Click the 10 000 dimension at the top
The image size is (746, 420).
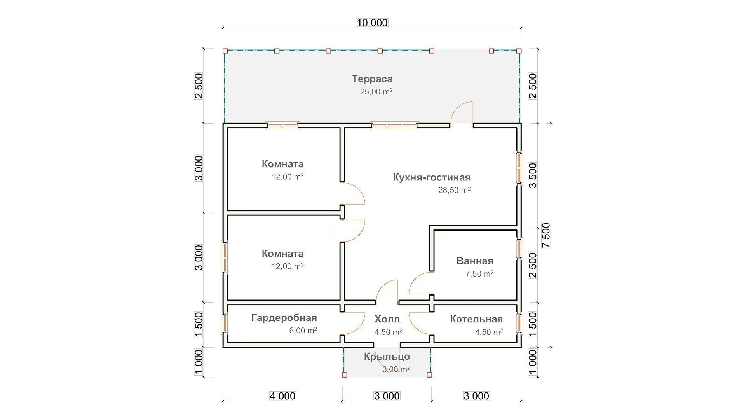click(372, 23)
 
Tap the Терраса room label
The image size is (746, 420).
click(372, 79)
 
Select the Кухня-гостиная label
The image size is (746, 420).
click(431, 177)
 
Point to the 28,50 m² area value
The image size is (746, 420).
click(454, 190)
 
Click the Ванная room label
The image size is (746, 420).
click(474, 261)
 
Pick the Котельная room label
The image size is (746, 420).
click(476, 319)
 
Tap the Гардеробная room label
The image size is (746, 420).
click(284, 318)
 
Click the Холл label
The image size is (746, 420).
click(387, 319)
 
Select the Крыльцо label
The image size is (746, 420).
click(387, 357)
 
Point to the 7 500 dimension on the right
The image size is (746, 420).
click(546, 235)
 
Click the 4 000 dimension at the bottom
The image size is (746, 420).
click(282, 396)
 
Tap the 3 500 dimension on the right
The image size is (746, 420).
click(533, 175)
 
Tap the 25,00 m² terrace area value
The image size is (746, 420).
click(376, 92)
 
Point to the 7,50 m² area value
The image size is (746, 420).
click(479, 274)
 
